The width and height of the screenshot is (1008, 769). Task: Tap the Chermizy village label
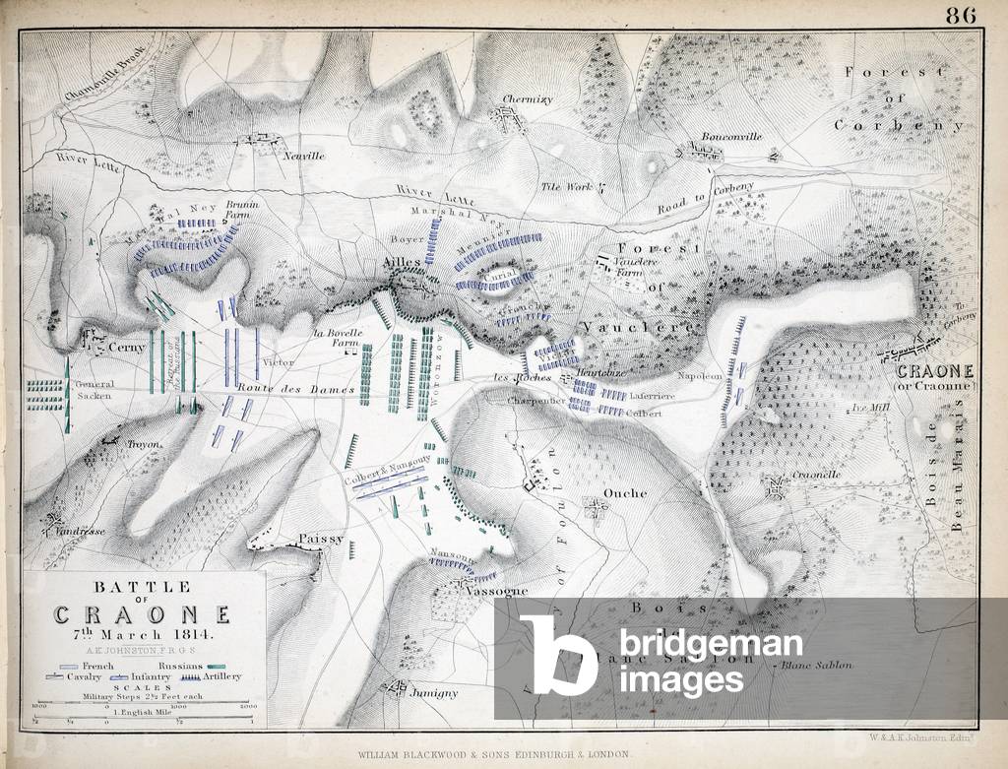tap(528, 99)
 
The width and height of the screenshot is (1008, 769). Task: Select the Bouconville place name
tap(731, 137)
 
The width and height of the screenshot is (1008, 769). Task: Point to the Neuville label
tap(303, 157)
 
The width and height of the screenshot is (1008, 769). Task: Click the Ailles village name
tap(403, 264)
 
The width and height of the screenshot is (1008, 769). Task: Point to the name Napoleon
tap(700, 376)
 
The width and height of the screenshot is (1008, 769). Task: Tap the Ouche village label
tap(625, 492)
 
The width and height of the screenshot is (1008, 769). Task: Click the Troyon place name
tap(143, 445)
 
